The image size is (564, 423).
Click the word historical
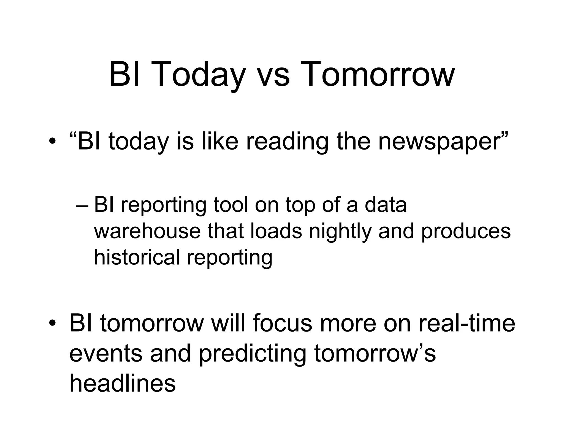pyautogui.click(x=137, y=257)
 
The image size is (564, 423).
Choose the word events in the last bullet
pyautogui.click(x=106, y=354)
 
